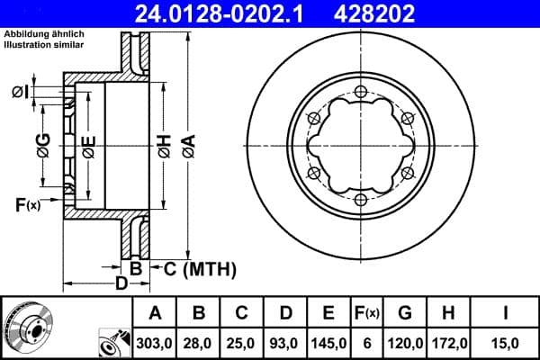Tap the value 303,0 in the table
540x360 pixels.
point(155,343)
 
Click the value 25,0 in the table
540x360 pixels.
point(243,343)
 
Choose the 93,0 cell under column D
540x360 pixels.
point(286,343)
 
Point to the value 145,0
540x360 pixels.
point(329,343)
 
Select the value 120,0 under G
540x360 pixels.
point(406,343)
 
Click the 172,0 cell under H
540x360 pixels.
point(450,343)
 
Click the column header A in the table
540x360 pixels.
point(155,314)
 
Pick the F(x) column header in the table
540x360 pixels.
point(367,314)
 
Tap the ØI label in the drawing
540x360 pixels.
point(22,92)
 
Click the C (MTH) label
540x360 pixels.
point(195,268)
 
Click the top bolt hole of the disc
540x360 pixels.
point(360,92)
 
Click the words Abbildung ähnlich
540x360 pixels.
point(44,33)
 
